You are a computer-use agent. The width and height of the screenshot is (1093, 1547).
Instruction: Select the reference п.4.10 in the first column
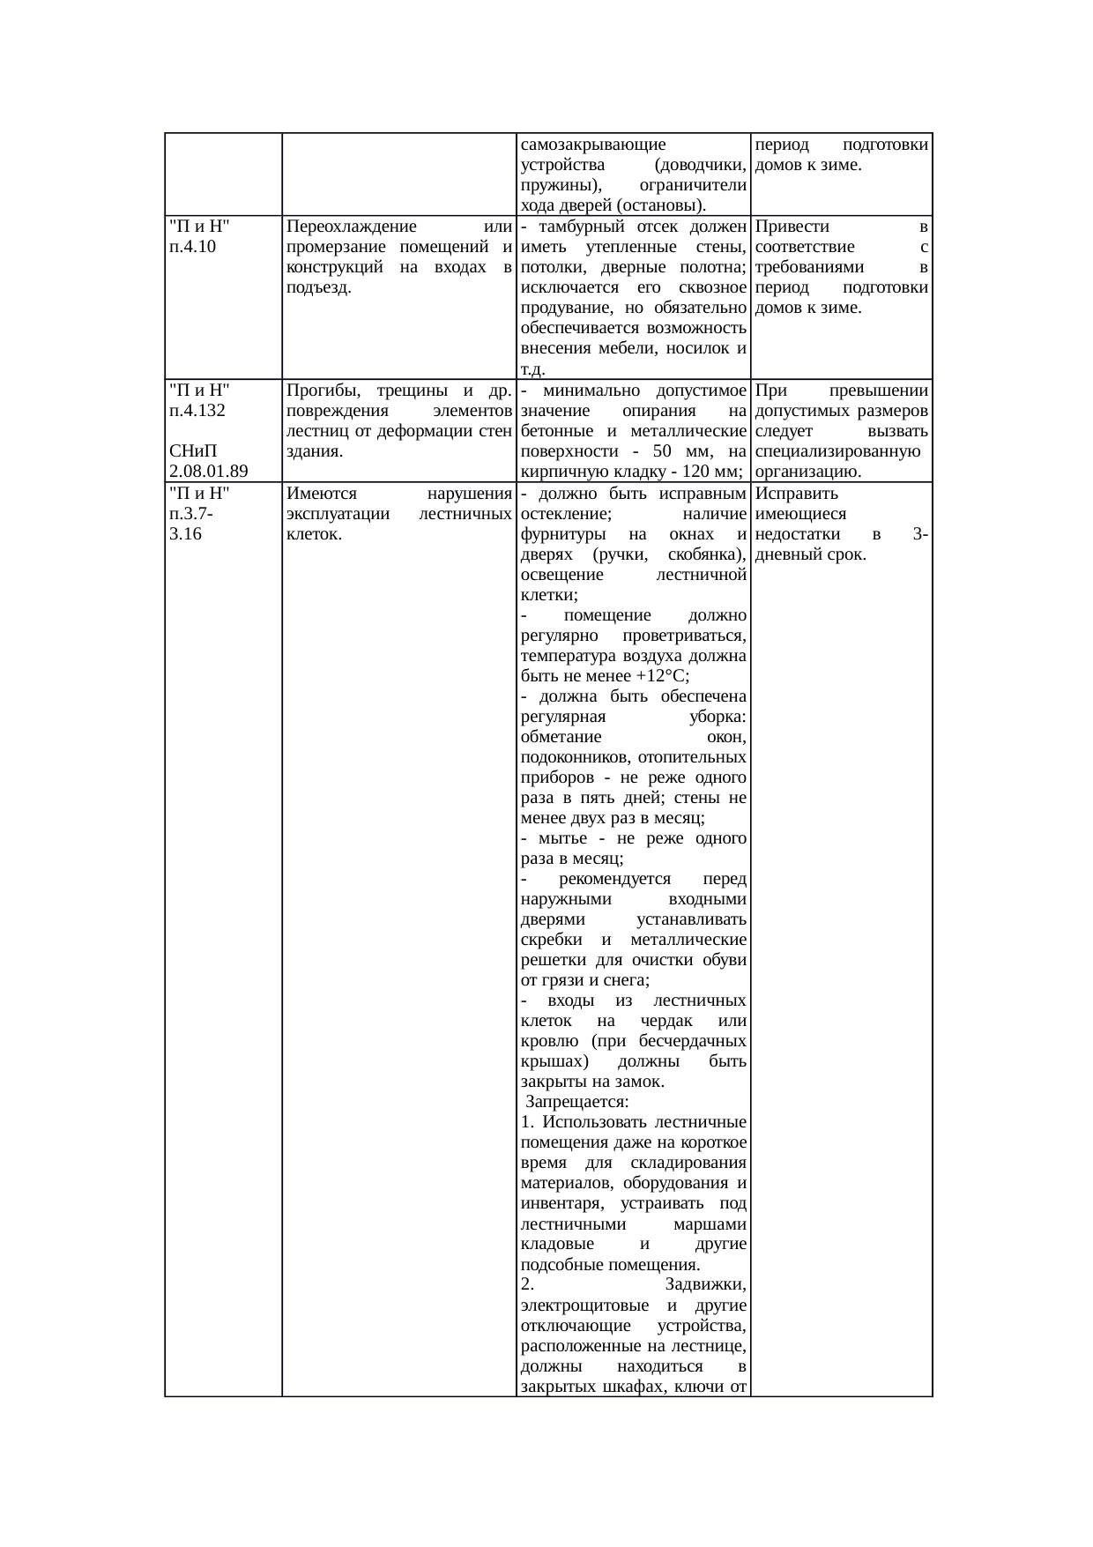pyautogui.click(x=192, y=247)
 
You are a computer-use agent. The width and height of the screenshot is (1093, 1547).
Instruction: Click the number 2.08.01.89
pyautogui.click(x=207, y=472)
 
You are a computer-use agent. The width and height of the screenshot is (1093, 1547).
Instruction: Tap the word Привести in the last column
pyautogui.click(x=792, y=227)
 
